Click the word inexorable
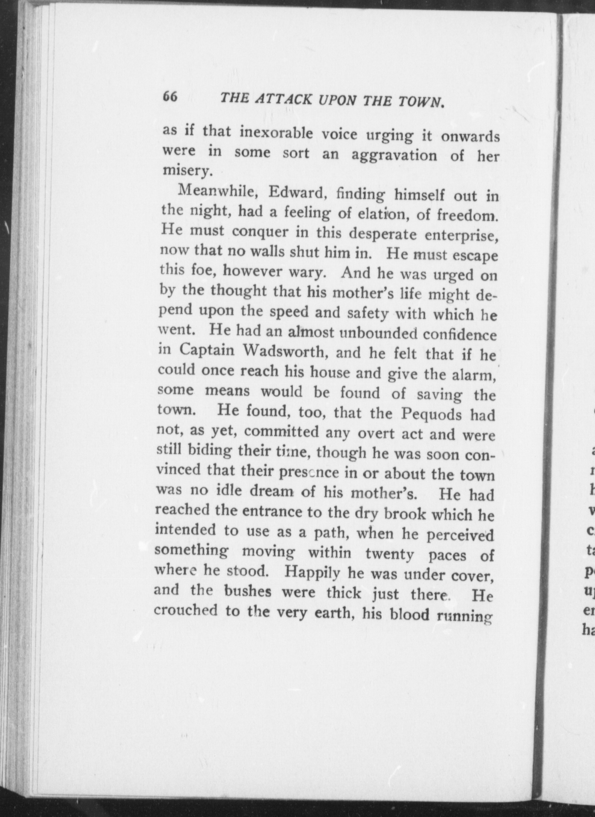tap(276, 134)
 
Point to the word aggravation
tap(394, 155)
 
